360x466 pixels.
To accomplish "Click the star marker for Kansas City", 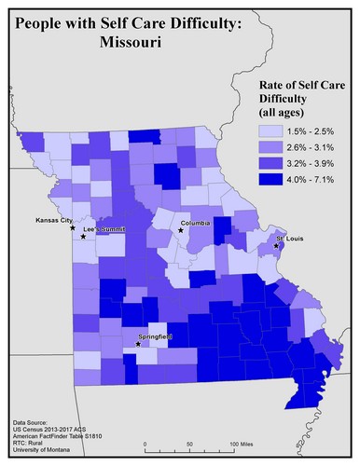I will click(73, 227).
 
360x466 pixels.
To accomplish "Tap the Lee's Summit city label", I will click(103, 228).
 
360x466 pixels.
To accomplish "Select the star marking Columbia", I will click(181, 230).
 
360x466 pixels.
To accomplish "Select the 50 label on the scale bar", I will click(190, 444).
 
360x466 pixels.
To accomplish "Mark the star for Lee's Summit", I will click(83, 237).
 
